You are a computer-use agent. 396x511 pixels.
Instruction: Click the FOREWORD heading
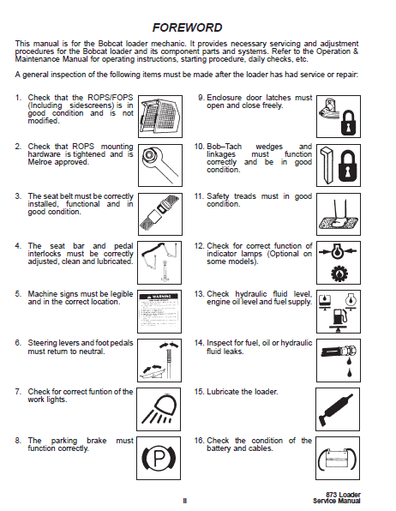click(x=187, y=27)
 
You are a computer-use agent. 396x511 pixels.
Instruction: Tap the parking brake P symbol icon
click(x=159, y=458)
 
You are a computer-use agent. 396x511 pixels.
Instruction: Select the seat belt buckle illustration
click(x=160, y=214)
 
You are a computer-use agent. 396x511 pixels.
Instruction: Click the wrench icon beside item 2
click(x=160, y=165)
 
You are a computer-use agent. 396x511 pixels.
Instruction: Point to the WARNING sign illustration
click(x=159, y=311)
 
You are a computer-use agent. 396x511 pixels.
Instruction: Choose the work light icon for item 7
click(x=159, y=409)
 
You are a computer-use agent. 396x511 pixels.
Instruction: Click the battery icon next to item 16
click(x=338, y=459)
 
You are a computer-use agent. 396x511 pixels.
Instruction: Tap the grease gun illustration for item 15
click(x=337, y=409)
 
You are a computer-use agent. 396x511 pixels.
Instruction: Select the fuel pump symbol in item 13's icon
click(x=339, y=316)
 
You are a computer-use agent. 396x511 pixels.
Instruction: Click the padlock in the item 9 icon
click(x=348, y=123)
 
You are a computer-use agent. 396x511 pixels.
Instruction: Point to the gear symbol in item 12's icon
click(x=339, y=274)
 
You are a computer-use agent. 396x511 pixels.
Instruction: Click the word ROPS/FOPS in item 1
click(x=111, y=98)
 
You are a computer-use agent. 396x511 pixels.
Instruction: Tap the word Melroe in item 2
click(x=40, y=162)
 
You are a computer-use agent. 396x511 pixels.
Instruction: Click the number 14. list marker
click(x=199, y=343)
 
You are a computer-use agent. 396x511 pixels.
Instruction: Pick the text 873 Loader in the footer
click(x=343, y=495)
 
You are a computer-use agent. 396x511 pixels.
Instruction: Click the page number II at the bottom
click(x=185, y=501)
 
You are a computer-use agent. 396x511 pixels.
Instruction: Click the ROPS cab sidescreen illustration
click(x=160, y=117)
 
